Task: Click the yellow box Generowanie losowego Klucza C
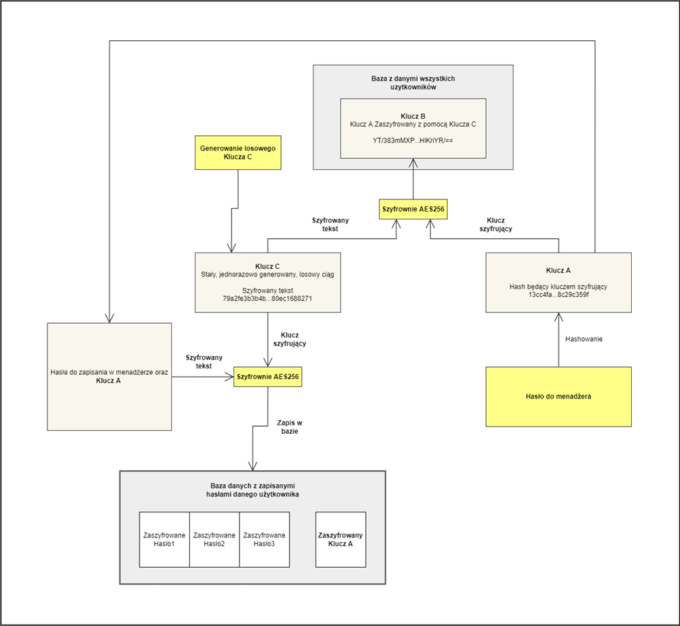tap(237, 153)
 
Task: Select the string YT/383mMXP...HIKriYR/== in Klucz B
tap(413, 140)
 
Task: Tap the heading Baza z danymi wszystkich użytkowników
tap(413, 82)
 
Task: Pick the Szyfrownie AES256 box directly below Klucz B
tap(413, 209)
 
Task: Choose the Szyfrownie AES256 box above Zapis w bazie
tap(267, 376)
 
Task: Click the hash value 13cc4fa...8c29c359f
tap(558, 294)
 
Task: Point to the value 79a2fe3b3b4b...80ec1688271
tap(267, 298)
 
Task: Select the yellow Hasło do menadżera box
tap(558, 397)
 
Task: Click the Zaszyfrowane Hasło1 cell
tap(164, 540)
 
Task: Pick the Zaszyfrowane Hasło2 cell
tap(213, 540)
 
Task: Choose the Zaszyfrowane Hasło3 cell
tap(264, 540)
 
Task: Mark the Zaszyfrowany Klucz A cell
tap(341, 540)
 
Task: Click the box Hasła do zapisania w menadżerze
tap(109, 376)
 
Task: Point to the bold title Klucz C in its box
tap(267, 266)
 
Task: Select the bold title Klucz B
tap(413, 115)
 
